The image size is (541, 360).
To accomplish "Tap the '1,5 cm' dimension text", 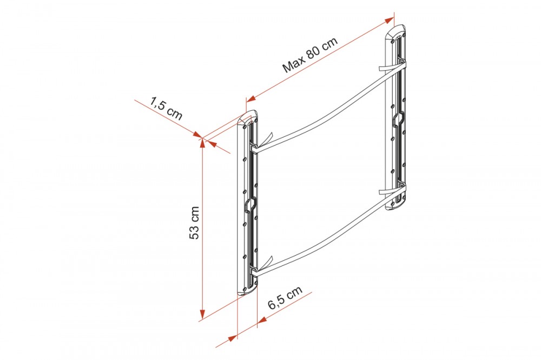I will click(166, 108).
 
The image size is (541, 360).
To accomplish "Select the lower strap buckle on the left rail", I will click(253, 270).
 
